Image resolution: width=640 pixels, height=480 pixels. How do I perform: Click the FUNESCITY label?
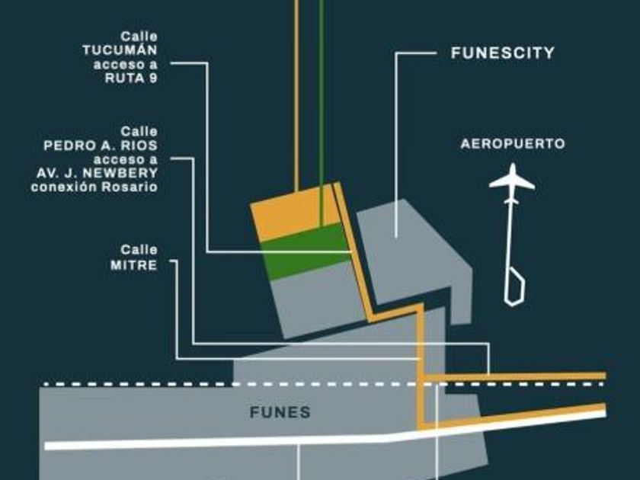tap(502, 54)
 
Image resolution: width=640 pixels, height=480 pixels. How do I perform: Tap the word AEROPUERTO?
tap(513, 143)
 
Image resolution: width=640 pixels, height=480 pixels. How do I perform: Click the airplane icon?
tap(511, 180)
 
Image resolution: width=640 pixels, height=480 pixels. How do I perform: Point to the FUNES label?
tap(280, 412)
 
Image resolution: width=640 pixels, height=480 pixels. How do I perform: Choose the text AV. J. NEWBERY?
tap(97, 173)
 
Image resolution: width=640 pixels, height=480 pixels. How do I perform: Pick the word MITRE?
tap(139, 264)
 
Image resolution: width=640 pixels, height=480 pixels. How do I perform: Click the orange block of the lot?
tap(293, 214)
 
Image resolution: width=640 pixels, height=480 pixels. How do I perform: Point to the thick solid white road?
tap(229, 440)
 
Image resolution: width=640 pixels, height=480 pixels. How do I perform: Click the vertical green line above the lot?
tap(322, 91)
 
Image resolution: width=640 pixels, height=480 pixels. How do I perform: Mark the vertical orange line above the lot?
tap(296, 91)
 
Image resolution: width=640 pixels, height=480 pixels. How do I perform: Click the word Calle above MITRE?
tap(139, 250)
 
